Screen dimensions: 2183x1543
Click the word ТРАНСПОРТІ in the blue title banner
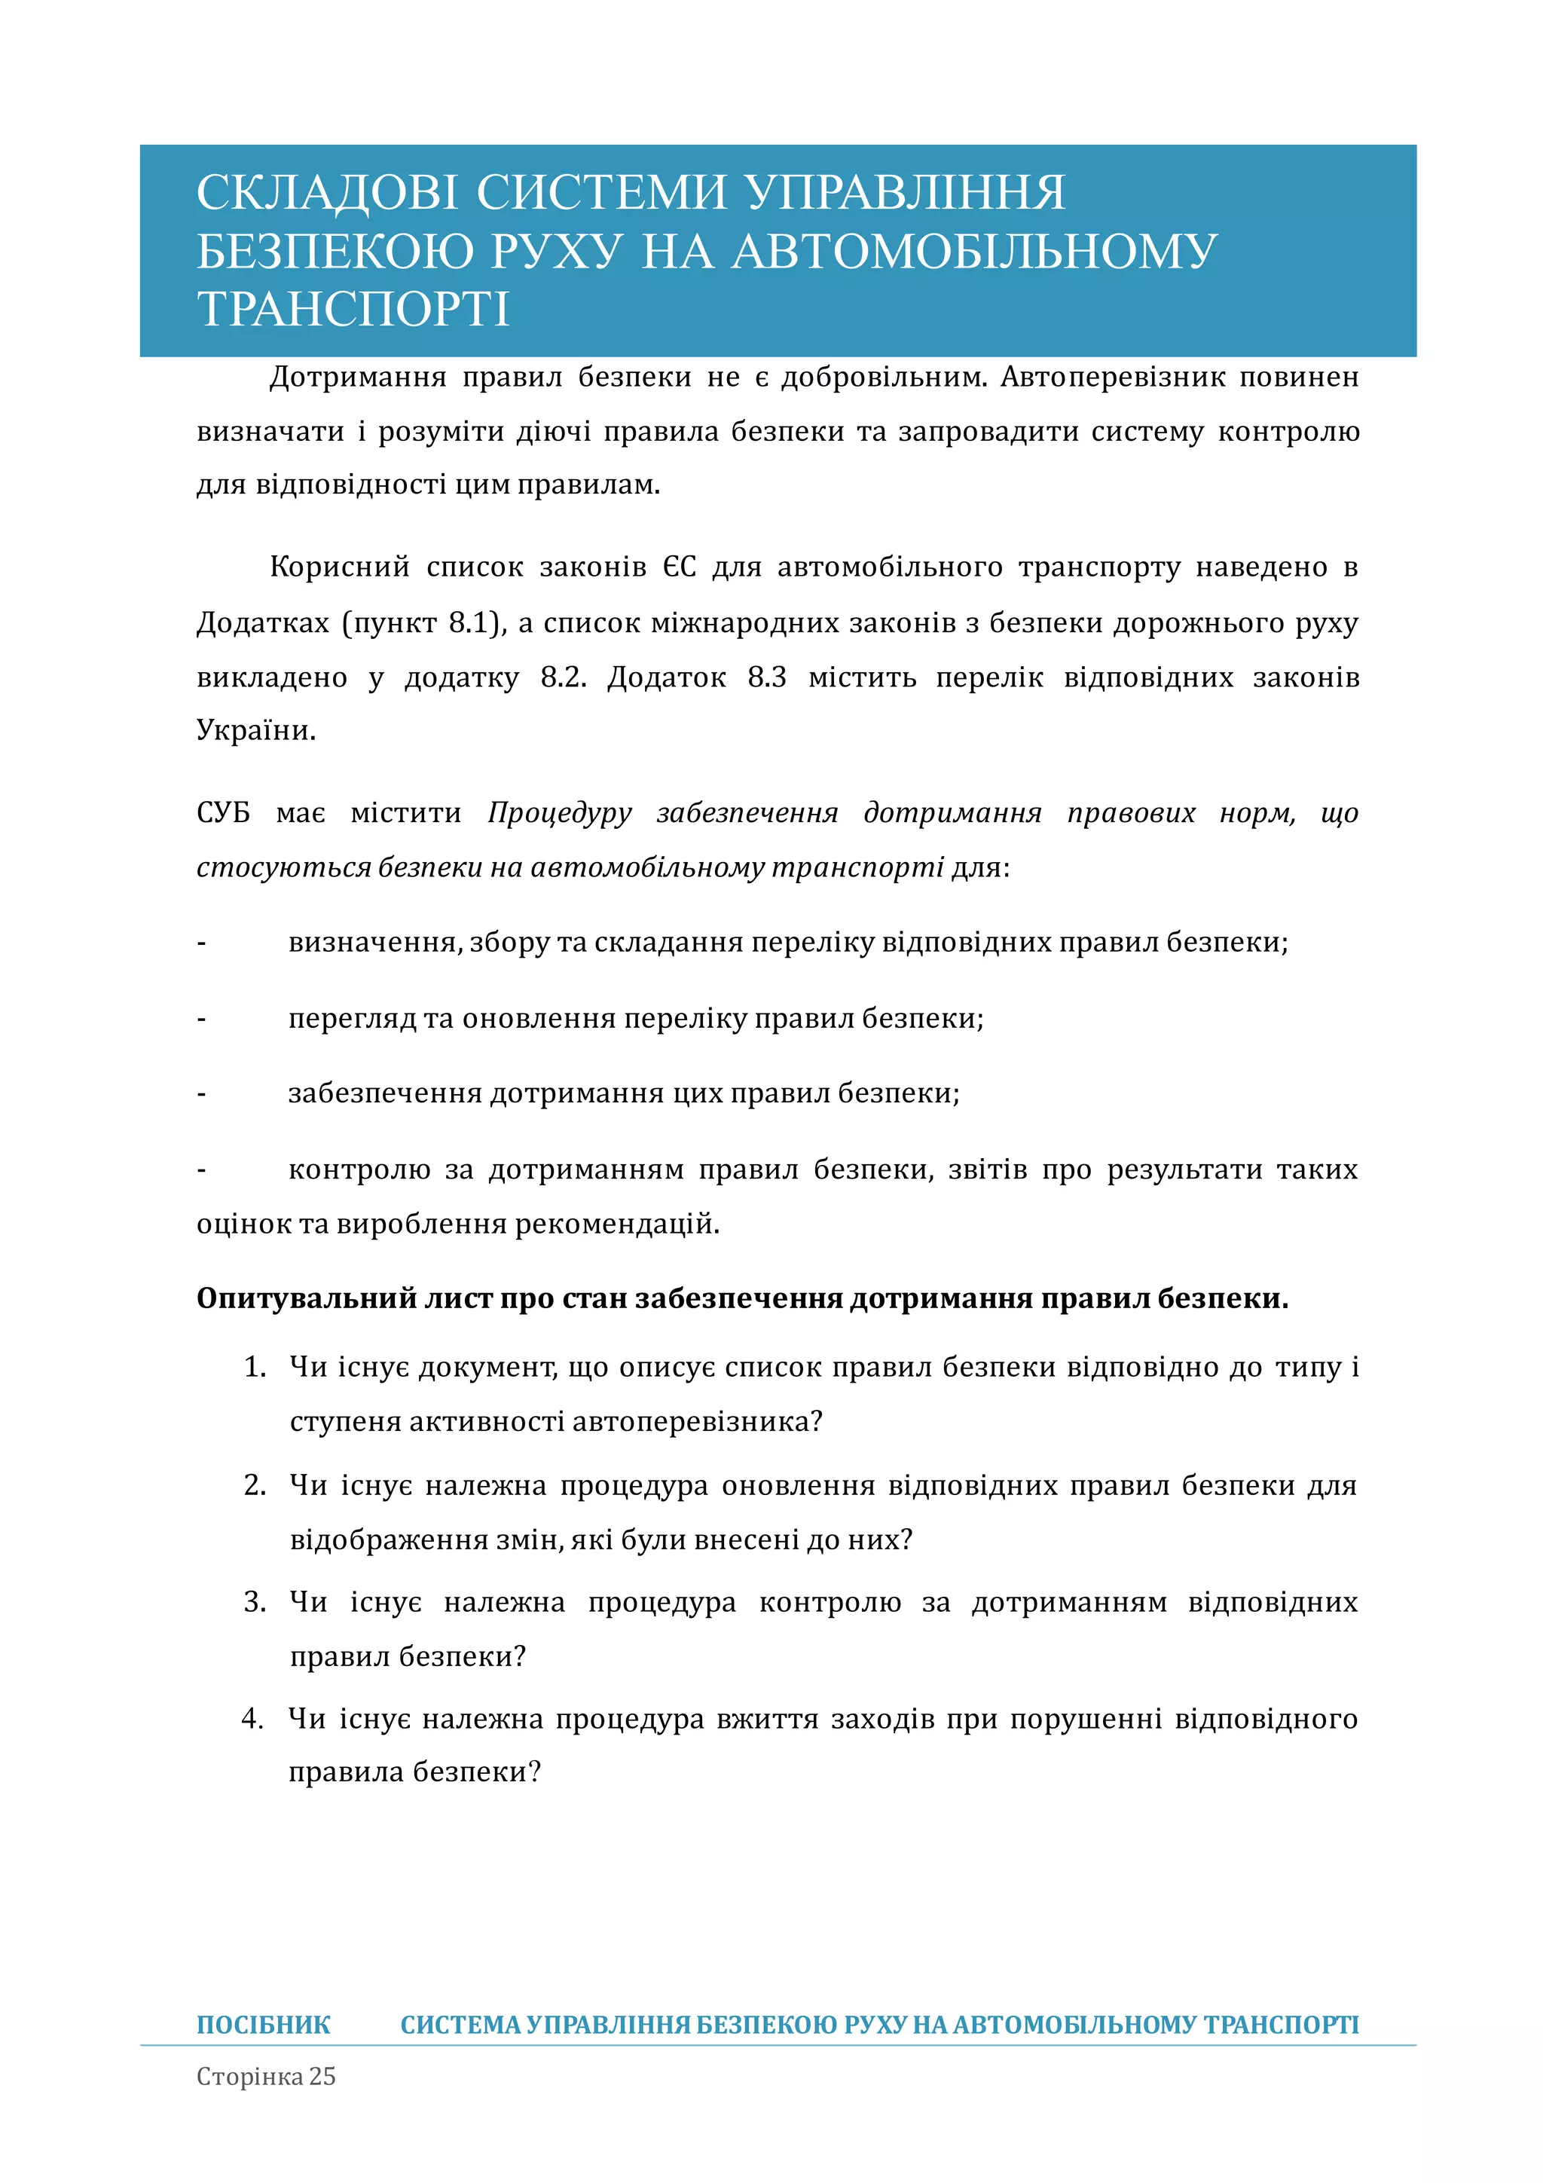353,309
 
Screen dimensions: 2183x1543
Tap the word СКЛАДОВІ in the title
327,192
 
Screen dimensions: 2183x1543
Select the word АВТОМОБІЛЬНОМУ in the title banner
974,251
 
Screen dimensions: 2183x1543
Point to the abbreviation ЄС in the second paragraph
680,567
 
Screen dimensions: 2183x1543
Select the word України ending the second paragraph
255,730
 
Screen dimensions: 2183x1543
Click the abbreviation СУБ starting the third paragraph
224,813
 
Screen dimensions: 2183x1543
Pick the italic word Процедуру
559,813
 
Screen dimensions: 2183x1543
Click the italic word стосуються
283,867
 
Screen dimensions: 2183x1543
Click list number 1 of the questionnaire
254,1367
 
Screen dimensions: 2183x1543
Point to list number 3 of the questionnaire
254,1602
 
